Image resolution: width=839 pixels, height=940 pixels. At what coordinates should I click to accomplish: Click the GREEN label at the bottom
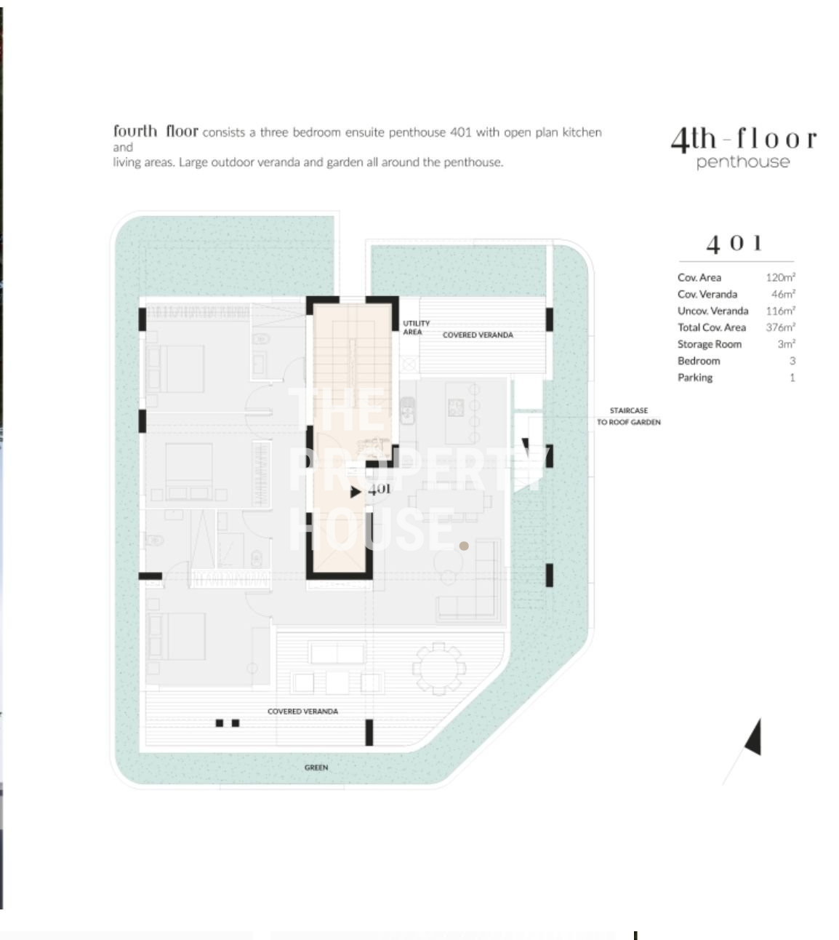click(x=316, y=768)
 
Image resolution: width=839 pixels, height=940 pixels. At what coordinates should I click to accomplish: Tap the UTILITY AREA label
click(x=416, y=327)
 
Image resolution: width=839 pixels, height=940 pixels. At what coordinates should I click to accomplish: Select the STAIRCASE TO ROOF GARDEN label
click(x=628, y=416)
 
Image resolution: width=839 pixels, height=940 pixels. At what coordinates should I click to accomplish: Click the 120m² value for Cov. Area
click(x=781, y=277)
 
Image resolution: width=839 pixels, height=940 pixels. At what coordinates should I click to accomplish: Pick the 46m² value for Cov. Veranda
click(x=783, y=294)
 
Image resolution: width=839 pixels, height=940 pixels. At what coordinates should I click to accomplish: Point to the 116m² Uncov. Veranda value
click(x=781, y=311)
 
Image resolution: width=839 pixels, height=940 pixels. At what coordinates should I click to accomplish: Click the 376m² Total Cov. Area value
click(x=781, y=327)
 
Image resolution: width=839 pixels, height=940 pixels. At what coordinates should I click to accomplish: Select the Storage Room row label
click(x=709, y=344)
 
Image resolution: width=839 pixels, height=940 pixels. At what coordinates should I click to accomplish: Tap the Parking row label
click(x=695, y=378)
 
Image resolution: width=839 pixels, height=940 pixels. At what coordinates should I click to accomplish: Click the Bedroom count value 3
click(x=792, y=361)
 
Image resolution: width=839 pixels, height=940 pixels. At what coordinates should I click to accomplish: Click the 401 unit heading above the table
click(x=734, y=244)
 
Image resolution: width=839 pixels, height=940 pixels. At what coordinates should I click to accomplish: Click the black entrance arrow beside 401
click(x=356, y=492)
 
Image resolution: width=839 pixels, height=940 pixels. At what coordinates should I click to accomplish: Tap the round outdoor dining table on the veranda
click(x=438, y=669)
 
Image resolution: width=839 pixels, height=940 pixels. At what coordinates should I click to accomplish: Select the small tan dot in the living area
click(x=464, y=546)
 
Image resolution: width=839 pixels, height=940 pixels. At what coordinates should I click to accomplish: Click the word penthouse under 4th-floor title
click(x=743, y=162)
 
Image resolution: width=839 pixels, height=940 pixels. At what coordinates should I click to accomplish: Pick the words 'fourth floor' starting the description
click(x=156, y=131)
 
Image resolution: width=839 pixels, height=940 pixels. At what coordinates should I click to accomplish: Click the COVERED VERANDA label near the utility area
click(x=478, y=335)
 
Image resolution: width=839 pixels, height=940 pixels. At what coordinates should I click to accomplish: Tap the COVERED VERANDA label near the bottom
click(x=302, y=712)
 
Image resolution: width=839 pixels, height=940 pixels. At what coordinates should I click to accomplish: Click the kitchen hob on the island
click(x=456, y=408)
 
